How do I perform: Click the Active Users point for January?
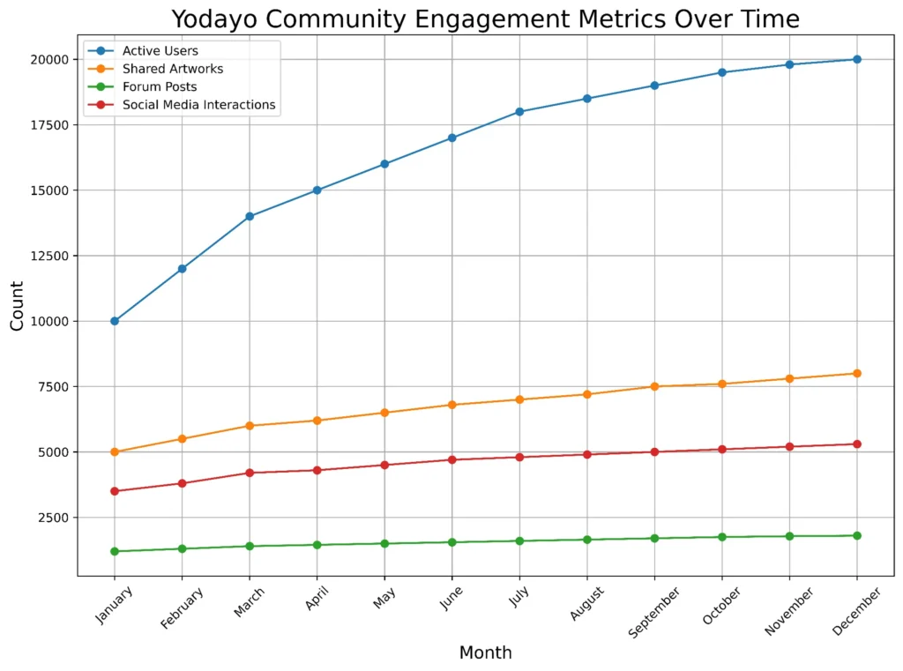coord(115,321)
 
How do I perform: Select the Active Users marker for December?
coord(856,59)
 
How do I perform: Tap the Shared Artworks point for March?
coord(250,426)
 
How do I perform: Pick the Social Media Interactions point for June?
coord(452,459)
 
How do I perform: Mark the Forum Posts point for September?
coord(654,538)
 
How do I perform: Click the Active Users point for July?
coord(519,112)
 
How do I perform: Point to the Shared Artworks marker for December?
coord(856,373)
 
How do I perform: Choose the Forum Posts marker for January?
coord(115,551)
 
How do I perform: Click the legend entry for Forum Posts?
coord(159,87)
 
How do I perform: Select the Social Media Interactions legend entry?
coord(198,105)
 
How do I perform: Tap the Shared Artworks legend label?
coord(172,69)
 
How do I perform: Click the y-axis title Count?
coord(18,305)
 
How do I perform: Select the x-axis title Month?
coord(485,653)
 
